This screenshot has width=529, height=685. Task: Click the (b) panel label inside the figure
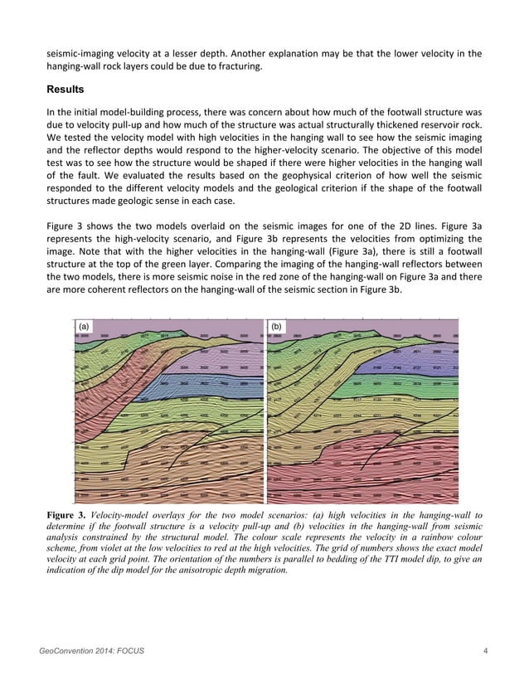(x=275, y=327)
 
